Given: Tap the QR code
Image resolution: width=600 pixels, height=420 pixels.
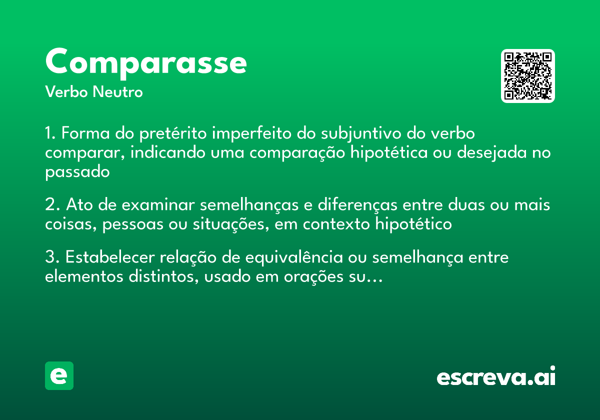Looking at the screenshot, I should [x=528, y=76].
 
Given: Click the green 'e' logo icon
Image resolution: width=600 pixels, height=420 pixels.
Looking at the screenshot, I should [x=59, y=375].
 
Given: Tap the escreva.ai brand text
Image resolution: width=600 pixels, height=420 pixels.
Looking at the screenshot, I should [x=496, y=376].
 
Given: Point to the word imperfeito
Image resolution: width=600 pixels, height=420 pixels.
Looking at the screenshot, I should [x=251, y=134].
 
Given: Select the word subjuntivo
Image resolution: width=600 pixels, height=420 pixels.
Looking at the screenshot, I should [x=359, y=134].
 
